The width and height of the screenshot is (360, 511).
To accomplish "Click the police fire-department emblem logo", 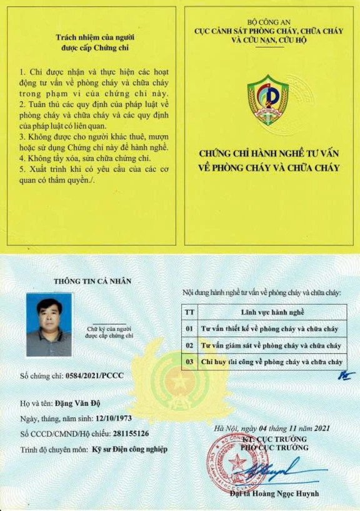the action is click(x=267, y=100).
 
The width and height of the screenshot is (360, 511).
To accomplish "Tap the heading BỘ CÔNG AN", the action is click(x=269, y=23).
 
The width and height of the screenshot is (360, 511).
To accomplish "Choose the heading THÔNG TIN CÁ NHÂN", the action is click(x=92, y=281).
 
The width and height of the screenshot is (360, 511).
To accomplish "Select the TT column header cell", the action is click(x=189, y=311).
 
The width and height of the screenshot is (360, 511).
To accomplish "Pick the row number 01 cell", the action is click(x=189, y=328).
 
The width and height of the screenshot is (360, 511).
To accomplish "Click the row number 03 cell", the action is click(x=189, y=362).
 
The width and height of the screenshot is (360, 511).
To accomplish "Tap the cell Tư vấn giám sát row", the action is click(x=271, y=345).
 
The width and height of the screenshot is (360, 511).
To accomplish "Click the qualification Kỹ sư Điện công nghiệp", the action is click(x=130, y=449).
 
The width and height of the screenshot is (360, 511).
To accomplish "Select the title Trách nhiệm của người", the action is click(x=92, y=37).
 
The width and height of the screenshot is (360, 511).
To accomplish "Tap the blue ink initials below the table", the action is click(x=345, y=375).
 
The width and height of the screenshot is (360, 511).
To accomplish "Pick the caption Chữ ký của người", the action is click(x=109, y=328).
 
